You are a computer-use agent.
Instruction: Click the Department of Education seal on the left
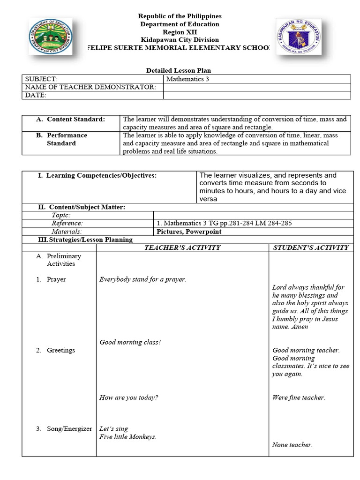pyautogui.click(x=50, y=37)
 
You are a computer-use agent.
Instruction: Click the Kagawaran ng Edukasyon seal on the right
pyautogui.click(x=299, y=37)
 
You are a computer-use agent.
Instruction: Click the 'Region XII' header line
pyautogui.click(x=180, y=32)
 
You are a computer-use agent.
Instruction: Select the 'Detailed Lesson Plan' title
pyautogui.click(x=175, y=70)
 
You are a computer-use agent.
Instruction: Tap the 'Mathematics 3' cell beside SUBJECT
pyautogui.click(x=187, y=79)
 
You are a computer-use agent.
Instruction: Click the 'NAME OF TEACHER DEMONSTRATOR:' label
pyautogui.click(x=90, y=87)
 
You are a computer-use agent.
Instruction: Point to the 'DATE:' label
pyautogui.click(x=36, y=95)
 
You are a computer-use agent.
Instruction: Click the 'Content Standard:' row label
pyautogui.click(x=75, y=119)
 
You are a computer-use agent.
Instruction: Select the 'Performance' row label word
pyautogui.click(x=67, y=135)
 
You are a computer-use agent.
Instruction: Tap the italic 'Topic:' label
pyautogui.click(x=61, y=215)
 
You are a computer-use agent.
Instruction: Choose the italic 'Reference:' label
pyautogui.click(x=67, y=223)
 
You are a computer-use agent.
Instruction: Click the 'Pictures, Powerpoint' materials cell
pyautogui.click(x=189, y=232)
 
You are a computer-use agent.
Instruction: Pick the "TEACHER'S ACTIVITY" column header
pyautogui.click(x=182, y=247)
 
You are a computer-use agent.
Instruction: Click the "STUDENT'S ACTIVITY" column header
pyautogui.click(x=311, y=247)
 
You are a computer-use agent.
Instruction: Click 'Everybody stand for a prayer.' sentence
pyautogui.click(x=142, y=279)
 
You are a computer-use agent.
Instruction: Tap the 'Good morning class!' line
pyautogui.click(x=130, y=342)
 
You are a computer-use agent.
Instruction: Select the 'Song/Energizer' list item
pyautogui.click(x=69, y=428)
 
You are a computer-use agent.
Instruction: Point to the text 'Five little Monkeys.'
pyautogui.click(x=127, y=437)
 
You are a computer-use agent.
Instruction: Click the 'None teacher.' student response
pyautogui.click(x=292, y=445)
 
